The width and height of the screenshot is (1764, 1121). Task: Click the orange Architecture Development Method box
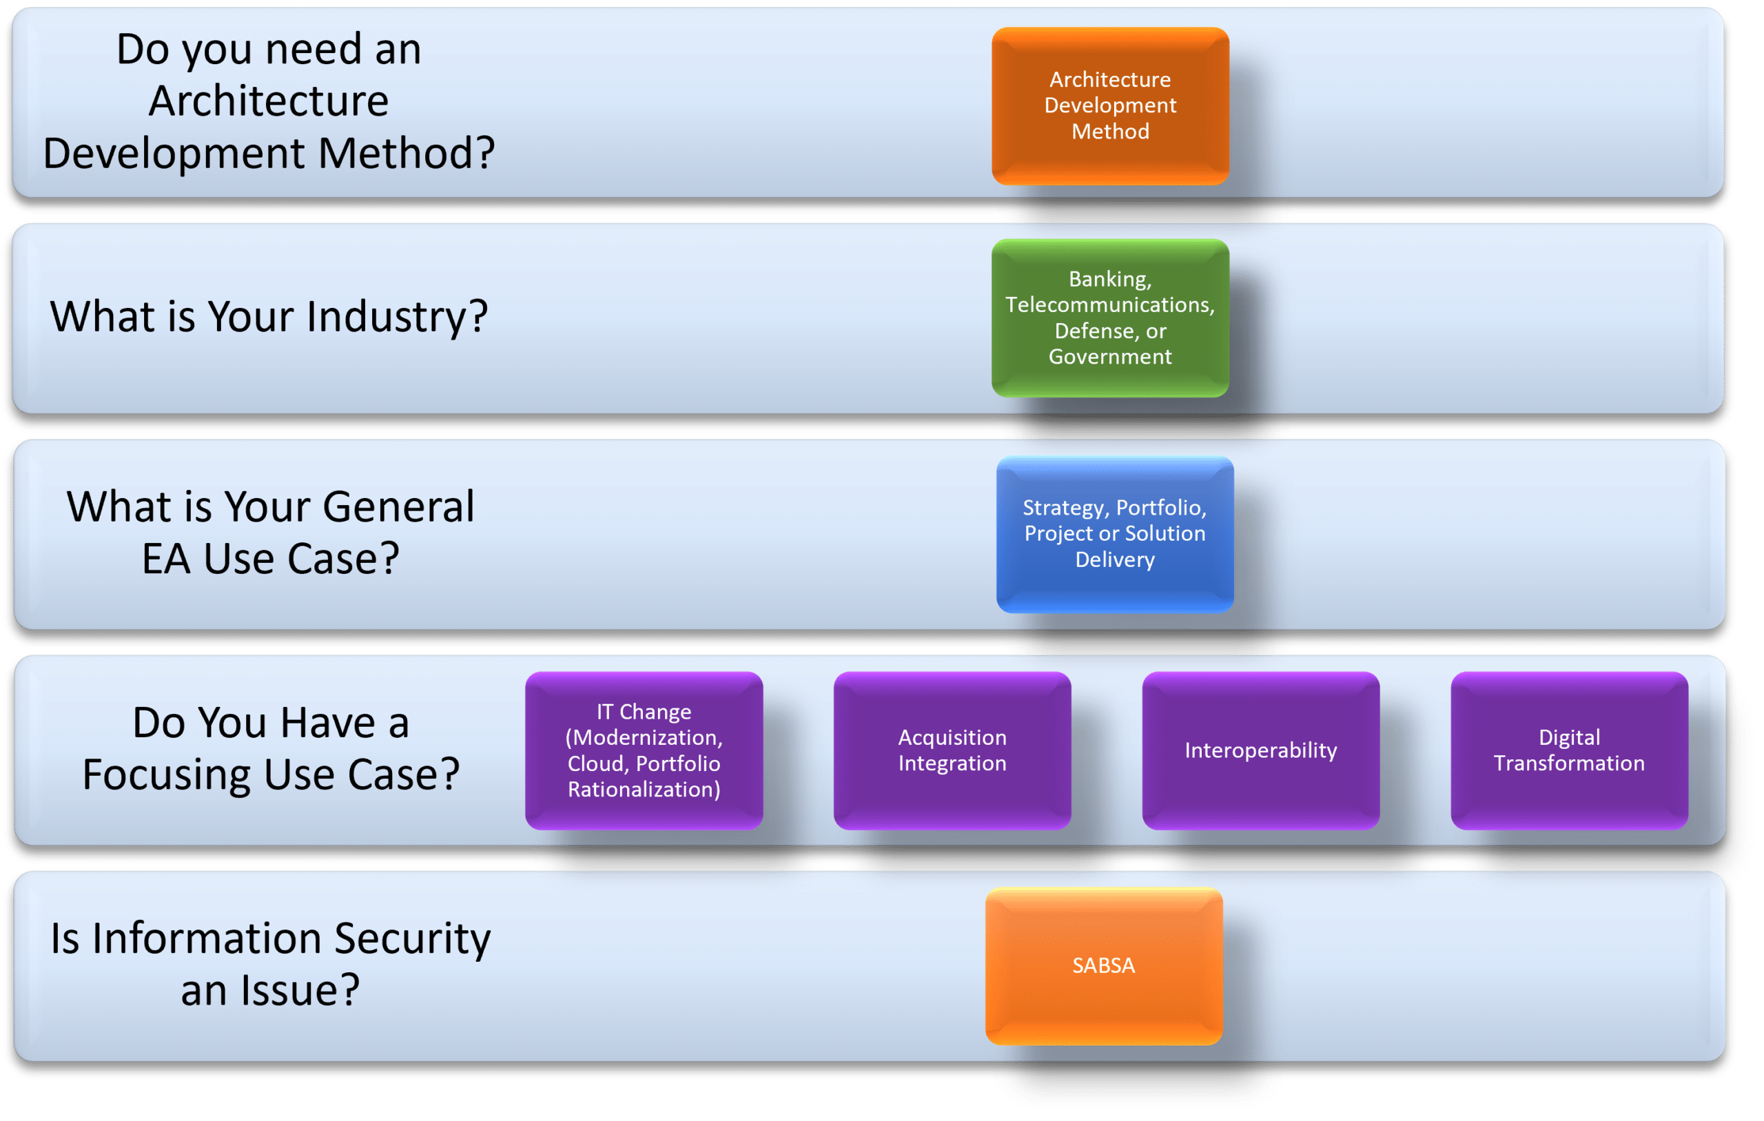(x=1110, y=106)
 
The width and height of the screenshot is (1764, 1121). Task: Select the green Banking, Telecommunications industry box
(x=1110, y=318)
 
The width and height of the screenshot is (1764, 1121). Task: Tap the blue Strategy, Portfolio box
(x=1114, y=534)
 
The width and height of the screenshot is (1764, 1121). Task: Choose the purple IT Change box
(x=644, y=750)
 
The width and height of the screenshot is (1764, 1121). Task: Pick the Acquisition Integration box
(x=952, y=750)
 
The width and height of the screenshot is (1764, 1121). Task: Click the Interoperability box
(x=1261, y=750)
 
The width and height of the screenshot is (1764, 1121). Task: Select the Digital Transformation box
(x=1569, y=750)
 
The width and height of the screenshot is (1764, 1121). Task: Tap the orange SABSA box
(x=1103, y=966)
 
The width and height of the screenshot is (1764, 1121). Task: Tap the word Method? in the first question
(x=407, y=154)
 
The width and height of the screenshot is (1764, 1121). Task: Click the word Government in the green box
(x=1110, y=357)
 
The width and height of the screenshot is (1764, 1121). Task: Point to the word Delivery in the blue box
(x=1114, y=559)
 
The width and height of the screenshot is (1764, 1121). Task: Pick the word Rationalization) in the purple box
(x=644, y=789)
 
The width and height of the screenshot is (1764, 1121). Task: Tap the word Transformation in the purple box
(x=1569, y=763)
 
